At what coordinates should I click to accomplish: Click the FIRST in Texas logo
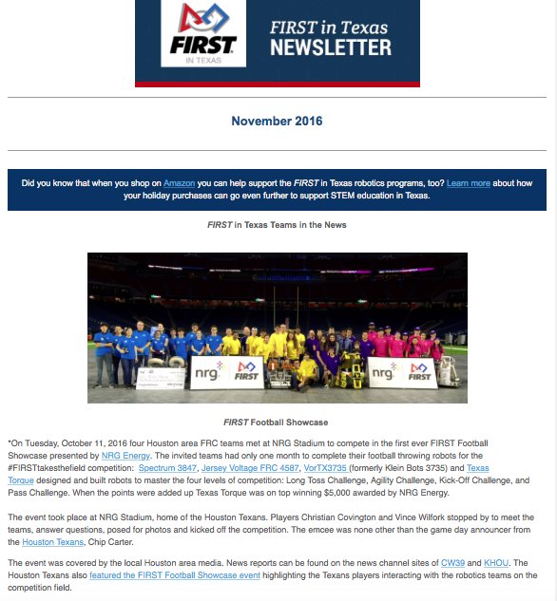203,33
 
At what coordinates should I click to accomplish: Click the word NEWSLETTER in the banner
330,47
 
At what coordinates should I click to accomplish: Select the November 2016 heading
277,122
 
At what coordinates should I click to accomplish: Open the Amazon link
179,182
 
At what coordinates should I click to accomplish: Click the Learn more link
467,182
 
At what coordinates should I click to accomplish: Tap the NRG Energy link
125,456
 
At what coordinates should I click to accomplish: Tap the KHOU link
496,563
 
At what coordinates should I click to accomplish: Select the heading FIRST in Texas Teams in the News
277,225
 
